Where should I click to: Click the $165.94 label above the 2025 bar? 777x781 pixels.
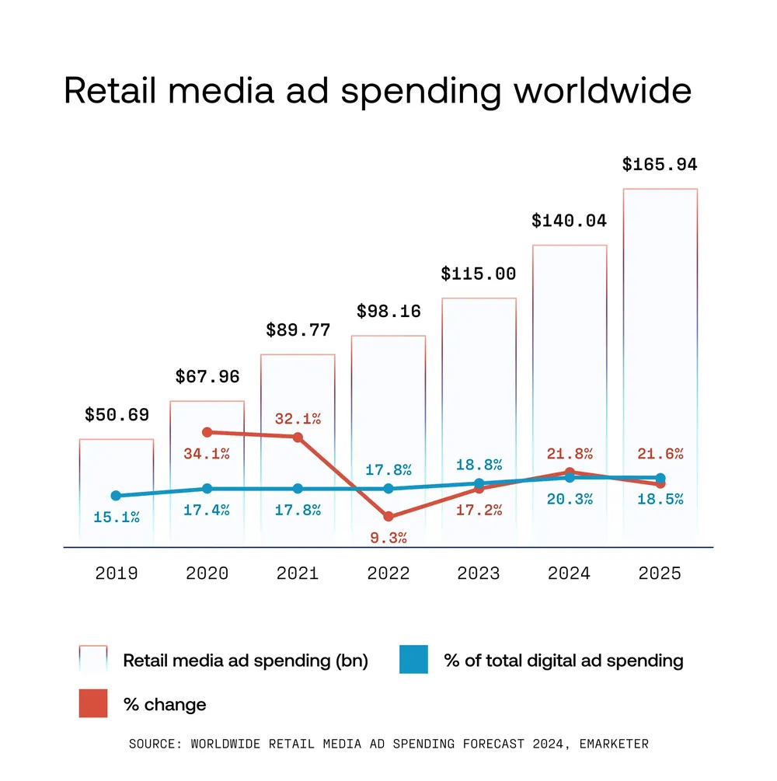click(660, 165)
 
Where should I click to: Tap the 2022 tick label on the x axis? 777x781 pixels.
click(388, 574)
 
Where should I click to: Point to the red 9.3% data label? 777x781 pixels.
click(388, 537)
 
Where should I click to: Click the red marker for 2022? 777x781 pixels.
click(388, 516)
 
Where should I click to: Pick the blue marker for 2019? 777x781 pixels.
click(116, 496)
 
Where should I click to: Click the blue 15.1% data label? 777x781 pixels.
click(116, 517)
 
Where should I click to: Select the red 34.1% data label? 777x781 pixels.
click(207, 454)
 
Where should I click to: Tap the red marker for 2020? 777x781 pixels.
click(207, 432)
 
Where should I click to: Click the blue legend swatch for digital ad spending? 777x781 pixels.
click(413, 660)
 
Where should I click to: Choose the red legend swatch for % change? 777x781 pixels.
click(93, 704)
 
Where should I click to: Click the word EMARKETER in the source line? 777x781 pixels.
click(610, 744)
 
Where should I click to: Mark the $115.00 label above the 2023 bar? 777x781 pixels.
click(478, 274)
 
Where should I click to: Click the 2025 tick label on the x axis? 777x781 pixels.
click(660, 574)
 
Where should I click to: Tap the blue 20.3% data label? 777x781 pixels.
click(569, 499)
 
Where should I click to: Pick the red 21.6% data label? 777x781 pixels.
click(660, 454)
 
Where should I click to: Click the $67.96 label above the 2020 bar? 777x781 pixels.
click(207, 378)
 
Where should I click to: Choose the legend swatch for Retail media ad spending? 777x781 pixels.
click(93, 660)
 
